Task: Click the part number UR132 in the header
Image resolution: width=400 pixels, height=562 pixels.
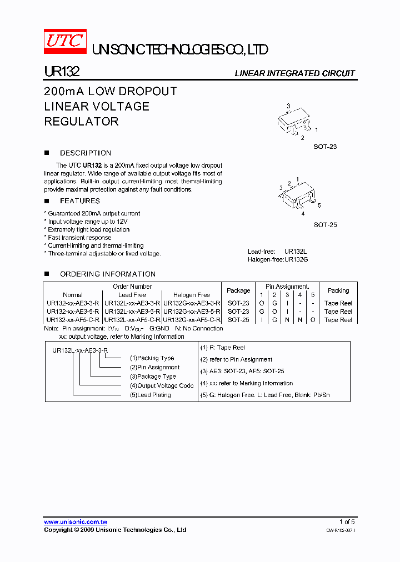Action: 62,72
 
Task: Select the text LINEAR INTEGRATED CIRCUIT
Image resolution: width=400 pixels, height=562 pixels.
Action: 294,73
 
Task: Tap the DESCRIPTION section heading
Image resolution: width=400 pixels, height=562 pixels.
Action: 86,153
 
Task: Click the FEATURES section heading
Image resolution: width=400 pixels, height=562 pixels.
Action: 80,201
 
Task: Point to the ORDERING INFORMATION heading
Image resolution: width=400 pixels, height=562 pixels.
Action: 108,274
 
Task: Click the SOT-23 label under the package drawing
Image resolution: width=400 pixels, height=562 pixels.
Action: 325,147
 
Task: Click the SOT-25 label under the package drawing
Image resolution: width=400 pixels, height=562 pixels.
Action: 325,225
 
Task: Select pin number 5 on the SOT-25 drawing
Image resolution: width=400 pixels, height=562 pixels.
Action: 319,205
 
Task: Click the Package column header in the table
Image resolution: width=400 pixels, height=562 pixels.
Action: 238,290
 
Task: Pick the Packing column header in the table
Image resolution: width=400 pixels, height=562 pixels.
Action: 338,290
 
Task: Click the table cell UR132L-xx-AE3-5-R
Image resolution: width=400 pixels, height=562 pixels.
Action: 132,312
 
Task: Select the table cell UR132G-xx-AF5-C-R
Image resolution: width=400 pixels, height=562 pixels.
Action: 192,320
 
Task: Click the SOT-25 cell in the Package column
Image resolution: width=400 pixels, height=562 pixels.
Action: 238,320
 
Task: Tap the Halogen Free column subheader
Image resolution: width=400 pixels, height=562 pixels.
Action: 192,295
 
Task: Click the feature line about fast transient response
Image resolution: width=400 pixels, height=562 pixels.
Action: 79,238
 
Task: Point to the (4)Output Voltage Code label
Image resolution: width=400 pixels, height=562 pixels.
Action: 162,385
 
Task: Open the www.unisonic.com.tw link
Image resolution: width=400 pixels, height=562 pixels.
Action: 76,522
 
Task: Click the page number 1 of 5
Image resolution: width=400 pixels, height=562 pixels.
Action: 347,522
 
